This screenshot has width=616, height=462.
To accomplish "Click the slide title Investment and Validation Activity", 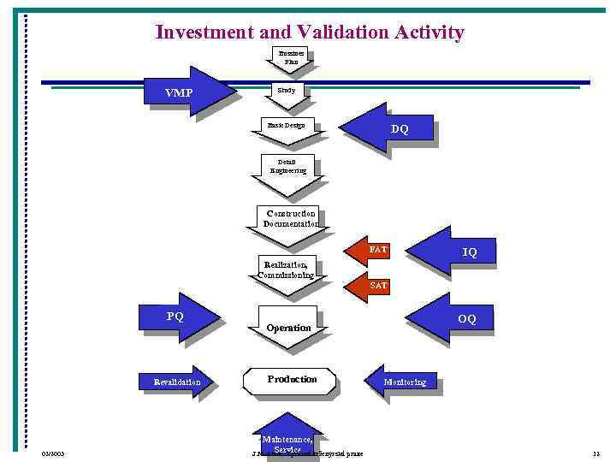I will (x=309, y=33).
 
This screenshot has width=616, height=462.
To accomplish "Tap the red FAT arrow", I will (x=370, y=250).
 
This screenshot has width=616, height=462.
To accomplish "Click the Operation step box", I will (x=288, y=328).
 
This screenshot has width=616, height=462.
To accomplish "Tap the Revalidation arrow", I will (x=180, y=382).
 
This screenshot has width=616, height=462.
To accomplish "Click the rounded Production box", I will (x=291, y=380).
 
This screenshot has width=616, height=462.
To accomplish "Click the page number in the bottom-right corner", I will (x=595, y=453).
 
